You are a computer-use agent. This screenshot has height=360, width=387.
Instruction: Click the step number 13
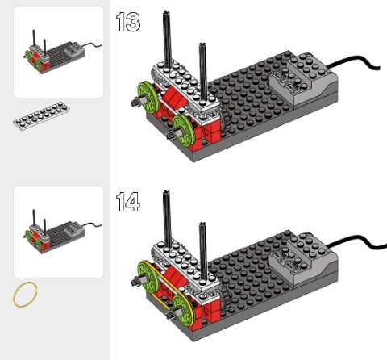128,22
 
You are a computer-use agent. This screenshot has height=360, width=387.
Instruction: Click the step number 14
128,202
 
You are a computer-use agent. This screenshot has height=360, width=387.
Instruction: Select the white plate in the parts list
41,116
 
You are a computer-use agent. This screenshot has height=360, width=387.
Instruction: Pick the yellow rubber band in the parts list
25,295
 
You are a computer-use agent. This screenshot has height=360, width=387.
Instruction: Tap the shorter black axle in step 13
203,73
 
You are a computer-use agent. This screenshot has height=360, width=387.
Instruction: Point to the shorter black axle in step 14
203,253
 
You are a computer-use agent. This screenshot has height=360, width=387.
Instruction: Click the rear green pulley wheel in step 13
147,97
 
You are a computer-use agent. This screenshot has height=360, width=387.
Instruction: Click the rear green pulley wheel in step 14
147,277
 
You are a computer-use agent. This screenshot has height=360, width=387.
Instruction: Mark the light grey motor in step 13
304,78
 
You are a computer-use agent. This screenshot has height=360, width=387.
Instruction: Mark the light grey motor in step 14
304,257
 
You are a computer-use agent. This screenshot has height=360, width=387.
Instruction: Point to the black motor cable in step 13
354,62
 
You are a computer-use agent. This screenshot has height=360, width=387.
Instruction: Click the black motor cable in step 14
355,241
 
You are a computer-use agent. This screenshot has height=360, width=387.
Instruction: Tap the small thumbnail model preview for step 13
58,52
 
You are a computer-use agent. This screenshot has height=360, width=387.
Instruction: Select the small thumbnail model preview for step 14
58,232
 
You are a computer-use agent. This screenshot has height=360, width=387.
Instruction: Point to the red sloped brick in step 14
175,278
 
